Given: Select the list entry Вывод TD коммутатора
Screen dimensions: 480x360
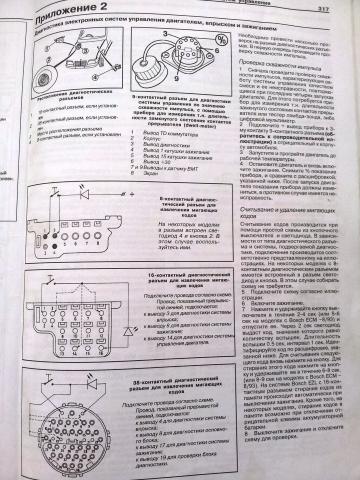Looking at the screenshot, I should tap(165, 155).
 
